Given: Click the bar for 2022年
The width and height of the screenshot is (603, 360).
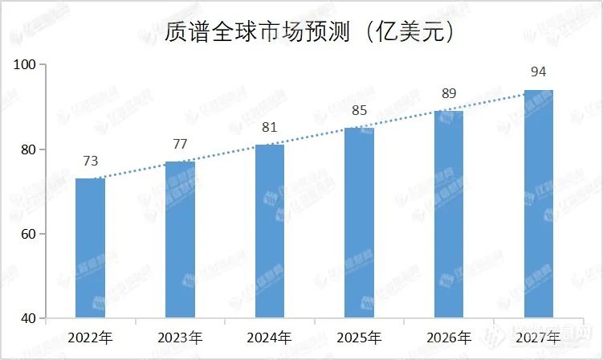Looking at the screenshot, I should [x=90, y=248].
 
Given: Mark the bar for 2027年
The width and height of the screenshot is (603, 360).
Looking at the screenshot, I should [x=539, y=204].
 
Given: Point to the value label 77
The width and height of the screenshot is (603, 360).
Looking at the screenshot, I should [x=180, y=145].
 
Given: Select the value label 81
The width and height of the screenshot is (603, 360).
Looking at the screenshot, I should [x=270, y=128].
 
